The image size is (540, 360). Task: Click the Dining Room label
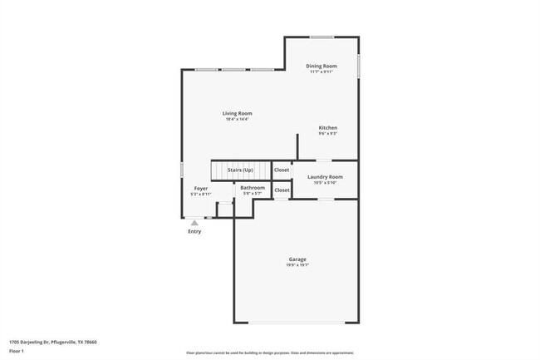(321, 66)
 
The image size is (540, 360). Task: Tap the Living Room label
(237, 113)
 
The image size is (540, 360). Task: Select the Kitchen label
(328, 127)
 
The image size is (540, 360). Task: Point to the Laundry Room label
(325, 177)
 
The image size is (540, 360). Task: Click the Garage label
(297, 260)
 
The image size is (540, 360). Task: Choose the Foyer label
(201, 189)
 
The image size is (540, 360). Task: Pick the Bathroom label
(253, 188)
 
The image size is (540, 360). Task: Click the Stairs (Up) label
(240, 170)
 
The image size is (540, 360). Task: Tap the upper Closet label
(282, 170)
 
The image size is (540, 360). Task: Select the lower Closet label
(282, 190)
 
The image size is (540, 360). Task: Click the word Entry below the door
(194, 231)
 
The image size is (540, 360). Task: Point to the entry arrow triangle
(194, 223)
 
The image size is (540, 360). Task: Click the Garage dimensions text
(297, 266)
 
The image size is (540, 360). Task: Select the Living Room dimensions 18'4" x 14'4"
(237, 119)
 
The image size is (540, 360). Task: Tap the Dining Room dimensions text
(321, 72)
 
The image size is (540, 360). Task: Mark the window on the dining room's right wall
(359, 64)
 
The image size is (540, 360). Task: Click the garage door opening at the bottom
(297, 323)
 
